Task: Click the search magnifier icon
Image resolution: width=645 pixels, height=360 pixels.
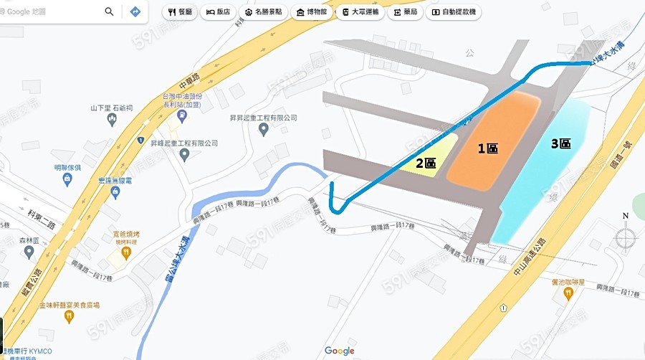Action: pyautogui.click(x=109, y=11)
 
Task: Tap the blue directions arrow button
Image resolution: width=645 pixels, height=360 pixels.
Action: pyautogui.click(x=135, y=11)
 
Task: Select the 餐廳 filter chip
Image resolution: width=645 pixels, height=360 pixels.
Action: pyautogui.click(x=180, y=12)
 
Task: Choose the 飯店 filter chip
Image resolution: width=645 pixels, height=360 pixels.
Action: pyautogui.click(x=219, y=12)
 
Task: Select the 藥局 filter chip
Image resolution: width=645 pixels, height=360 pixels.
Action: pyautogui.click(x=405, y=12)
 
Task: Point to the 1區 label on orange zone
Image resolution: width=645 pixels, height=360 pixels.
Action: pyautogui.click(x=488, y=148)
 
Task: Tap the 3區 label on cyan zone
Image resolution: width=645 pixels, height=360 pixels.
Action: pyautogui.click(x=560, y=143)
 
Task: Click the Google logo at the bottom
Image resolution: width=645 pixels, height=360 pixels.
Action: pyautogui.click(x=339, y=351)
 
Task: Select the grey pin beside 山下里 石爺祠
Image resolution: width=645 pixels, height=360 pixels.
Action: pyautogui.click(x=111, y=120)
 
